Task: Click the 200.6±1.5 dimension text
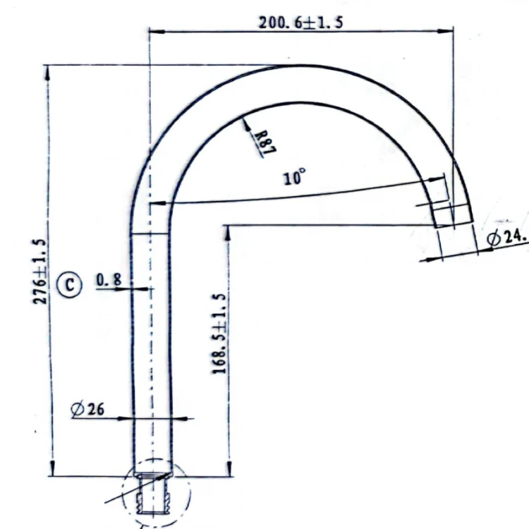pyautogui.click(x=301, y=22)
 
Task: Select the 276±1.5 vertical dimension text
pyautogui.click(x=41, y=272)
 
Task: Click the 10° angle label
pyautogui.click(x=294, y=176)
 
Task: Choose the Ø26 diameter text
pyautogui.click(x=88, y=408)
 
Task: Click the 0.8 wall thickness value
pyautogui.click(x=109, y=281)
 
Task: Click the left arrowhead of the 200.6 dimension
pyautogui.click(x=154, y=31)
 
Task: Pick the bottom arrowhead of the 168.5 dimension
pyautogui.click(x=227, y=470)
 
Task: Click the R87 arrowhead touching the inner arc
pyautogui.click(x=245, y=122)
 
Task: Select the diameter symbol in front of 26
pyautogui.click(x=78, y=408)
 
